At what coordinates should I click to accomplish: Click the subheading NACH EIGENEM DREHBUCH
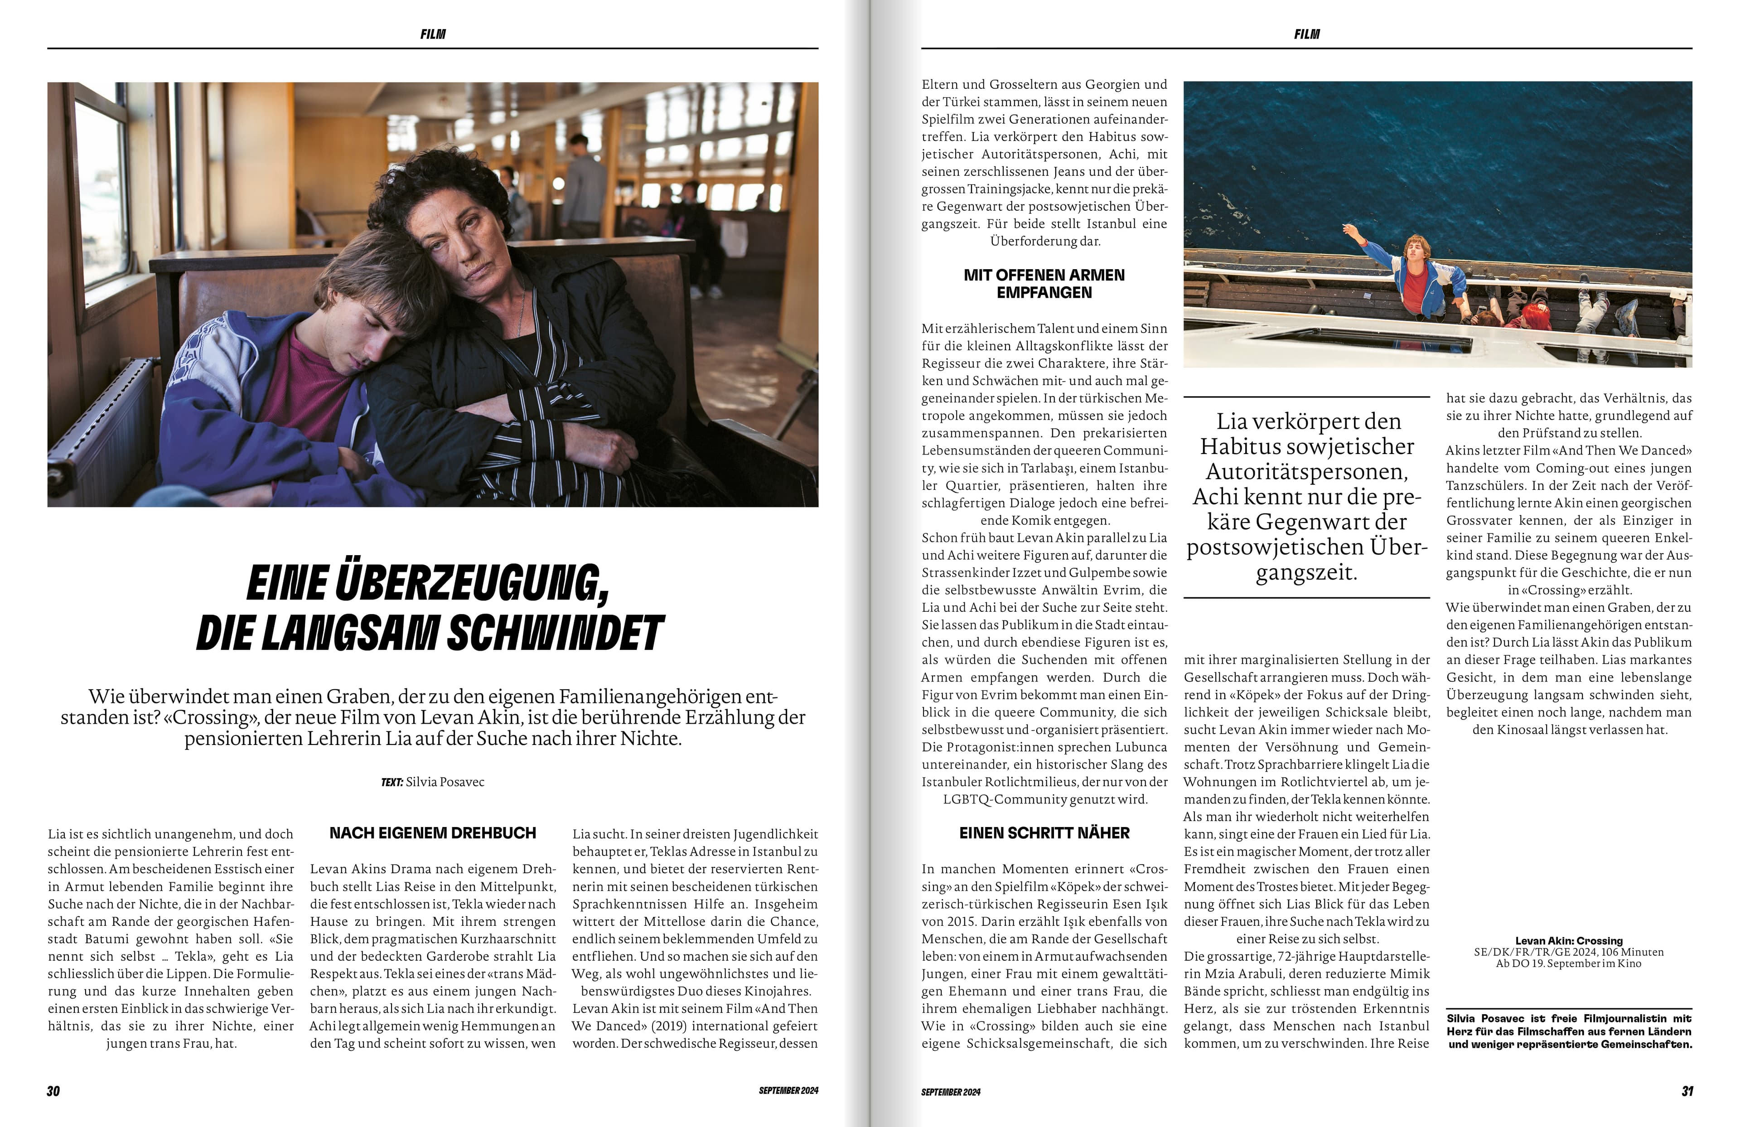pos(433,833)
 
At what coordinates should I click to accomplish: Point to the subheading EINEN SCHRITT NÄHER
pos(1044,833)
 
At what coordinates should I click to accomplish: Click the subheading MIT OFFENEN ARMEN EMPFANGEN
pos(1044,284)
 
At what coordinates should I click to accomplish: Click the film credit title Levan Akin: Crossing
pos(1569,940)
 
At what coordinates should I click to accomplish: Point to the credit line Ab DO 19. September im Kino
pos(1569,964)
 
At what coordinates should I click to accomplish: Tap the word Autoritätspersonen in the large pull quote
pos(1306,472)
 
